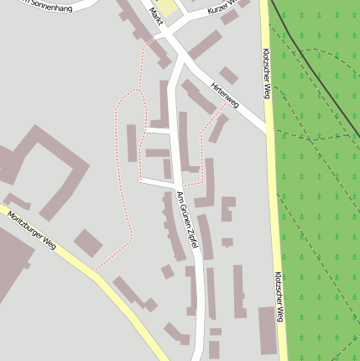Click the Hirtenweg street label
pyautogui.click(x=225, y=95)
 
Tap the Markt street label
pyautogui.click(x=155, y=15)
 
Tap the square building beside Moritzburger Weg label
pyautogui.click(x=88, y=243)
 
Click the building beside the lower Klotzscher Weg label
pyautogui.click(x=267, y=330)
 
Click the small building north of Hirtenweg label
pyautogui.click(x=228, y=76)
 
